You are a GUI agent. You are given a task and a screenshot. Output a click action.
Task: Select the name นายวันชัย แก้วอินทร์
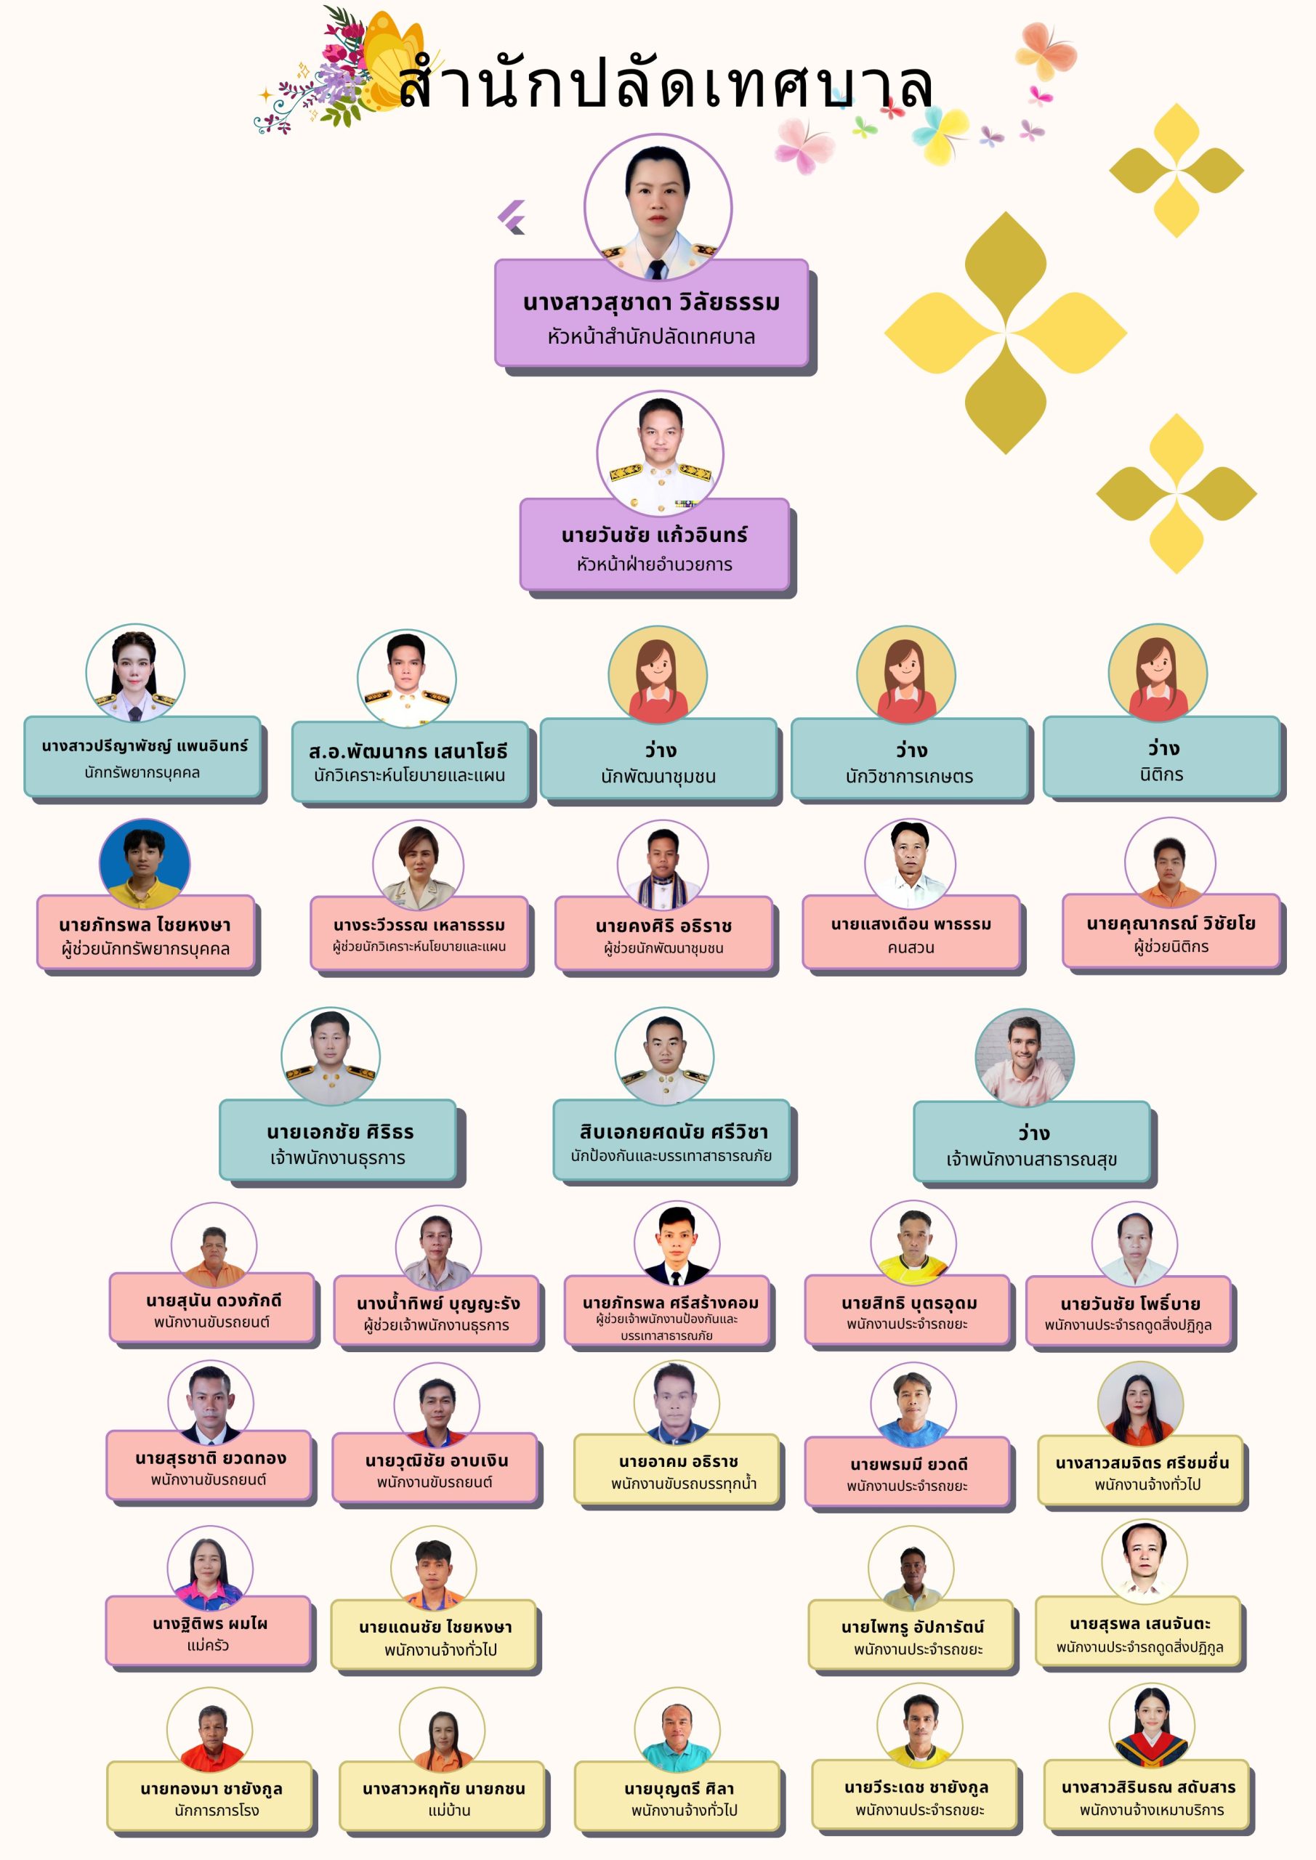(x=654, y=535)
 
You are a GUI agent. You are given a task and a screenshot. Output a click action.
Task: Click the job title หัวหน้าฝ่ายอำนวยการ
(x=654, y=565)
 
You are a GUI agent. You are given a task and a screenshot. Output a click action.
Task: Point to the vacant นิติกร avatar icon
(x=1157, y=672)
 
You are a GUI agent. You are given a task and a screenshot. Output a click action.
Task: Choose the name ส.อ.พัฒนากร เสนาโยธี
(x=408, y=751)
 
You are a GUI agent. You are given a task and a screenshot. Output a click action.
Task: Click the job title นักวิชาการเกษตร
(x=909, y=776)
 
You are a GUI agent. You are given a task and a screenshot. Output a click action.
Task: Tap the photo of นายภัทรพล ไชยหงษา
(x=144, y=864)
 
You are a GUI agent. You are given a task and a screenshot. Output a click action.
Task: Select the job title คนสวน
(x=911, y=947)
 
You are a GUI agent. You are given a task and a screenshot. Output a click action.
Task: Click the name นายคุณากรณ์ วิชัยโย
(x=1171, y=923)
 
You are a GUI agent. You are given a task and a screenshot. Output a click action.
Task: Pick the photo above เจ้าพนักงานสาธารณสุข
(x=1025, y=1057)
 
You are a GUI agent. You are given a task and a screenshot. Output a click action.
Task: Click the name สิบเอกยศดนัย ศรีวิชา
(x=674, y=1131)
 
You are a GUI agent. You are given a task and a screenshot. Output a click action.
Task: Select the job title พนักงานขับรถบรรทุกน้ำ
(x=683, y=1484)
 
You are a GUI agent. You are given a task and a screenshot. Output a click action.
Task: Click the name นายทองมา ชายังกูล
(x=211, y=1789)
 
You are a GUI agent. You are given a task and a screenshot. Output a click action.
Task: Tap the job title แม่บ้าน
(x=449, y=1810)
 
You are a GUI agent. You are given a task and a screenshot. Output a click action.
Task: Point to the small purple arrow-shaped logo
(x=512, y=217)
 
